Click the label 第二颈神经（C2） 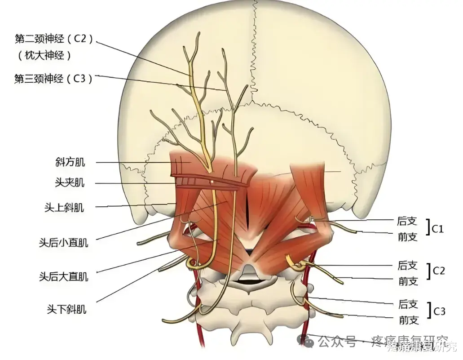click(x=54, y=39)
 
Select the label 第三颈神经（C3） click(x=53, y=79)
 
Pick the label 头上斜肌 click(x=64, y=207)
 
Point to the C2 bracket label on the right click(x=438, y=271)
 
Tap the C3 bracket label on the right click(x=438, y=311)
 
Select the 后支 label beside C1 click(x=408, y=221)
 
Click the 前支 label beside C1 click(x=408, y=237)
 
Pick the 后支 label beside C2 click(x=408, y=265)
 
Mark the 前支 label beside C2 click(x=408, y=281)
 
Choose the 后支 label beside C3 click(x=408, y=305)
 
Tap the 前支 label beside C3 click(x=408, y=320)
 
